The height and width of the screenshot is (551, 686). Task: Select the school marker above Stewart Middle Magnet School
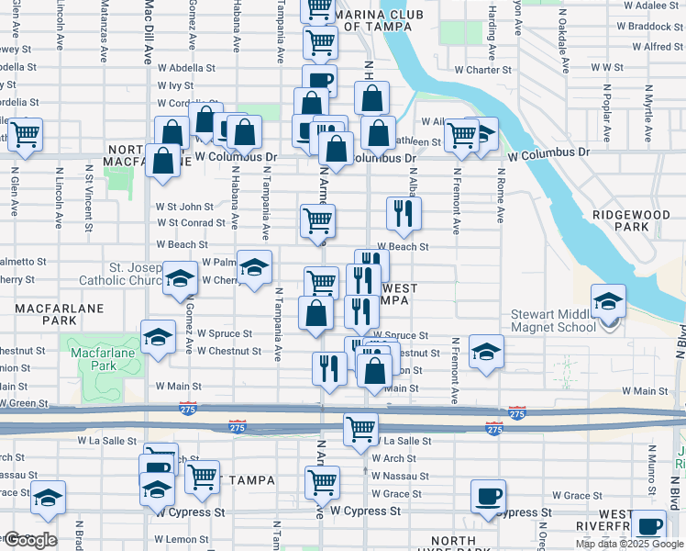tap(607, 301)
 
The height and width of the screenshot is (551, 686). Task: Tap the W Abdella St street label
tap(186, 67)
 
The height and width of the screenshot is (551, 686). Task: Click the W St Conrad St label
tap(190, 223)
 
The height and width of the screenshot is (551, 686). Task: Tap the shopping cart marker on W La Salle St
tap(361, 428)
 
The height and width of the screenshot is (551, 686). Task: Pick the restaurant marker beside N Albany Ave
tap(404, 214)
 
